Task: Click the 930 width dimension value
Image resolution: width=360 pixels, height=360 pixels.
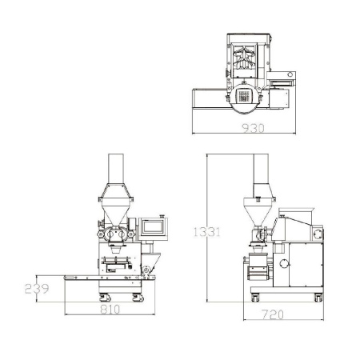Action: coord(253,128)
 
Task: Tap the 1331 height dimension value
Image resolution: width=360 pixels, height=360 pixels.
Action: coord(207,232)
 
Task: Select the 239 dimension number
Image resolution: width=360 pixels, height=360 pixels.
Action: coord(37,289)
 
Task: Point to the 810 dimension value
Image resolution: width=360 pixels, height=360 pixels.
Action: coord(110,310)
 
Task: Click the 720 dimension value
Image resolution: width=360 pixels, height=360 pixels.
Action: coord(273,314)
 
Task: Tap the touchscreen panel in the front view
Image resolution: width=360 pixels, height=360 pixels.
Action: coord(153,227)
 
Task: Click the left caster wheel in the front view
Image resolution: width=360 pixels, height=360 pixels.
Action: coord(104,298)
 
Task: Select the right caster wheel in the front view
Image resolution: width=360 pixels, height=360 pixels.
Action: coord(138,298)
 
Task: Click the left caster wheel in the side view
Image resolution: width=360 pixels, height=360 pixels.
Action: coord(255,298)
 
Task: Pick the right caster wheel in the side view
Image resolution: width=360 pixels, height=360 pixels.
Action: coord(318,298)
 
